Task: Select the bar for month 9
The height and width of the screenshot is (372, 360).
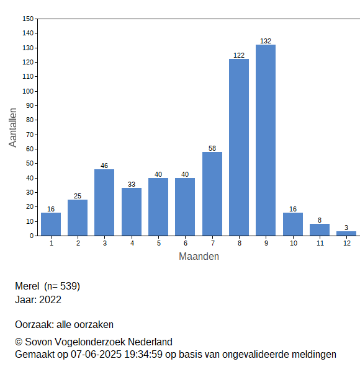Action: pos(266,140)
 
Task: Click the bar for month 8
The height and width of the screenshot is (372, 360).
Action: pos(239,148)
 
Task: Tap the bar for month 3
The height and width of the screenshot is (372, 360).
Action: pos(104,203)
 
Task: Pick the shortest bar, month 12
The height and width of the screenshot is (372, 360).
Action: pos(346,234)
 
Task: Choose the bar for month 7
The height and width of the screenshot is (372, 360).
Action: pos(212,194)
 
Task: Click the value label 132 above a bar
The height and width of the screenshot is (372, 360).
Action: pos(266,41)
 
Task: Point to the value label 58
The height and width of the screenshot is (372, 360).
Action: pos(212,148)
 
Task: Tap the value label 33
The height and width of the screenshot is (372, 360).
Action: pos(132,184)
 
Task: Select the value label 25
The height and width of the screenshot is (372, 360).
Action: pos(78,196)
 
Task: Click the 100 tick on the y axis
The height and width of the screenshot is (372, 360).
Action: pos(28,91)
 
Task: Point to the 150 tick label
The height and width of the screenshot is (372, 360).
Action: pos(28,19)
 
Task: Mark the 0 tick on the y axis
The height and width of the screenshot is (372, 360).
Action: pos(32,236)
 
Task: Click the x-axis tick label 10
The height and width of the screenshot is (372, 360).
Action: pos(293,243)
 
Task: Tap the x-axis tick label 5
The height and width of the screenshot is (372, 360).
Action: pos(159,243)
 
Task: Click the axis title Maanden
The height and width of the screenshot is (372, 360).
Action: pos(199,257)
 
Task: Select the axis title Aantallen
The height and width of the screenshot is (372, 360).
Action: pos(13,128)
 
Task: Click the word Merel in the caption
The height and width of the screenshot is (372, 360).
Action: pos(27,286)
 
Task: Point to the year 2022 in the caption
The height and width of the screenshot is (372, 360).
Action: pos(50,300)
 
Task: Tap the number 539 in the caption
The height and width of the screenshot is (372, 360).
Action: pos(69,286)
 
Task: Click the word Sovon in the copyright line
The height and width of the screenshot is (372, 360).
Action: pos(38,342)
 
